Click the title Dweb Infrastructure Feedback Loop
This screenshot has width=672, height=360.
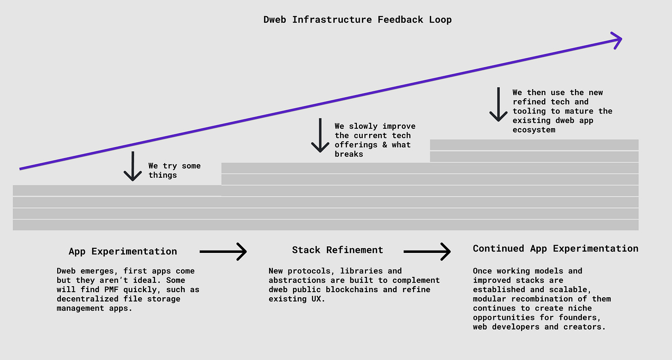point(357,20)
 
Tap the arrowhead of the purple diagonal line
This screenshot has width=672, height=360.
point(618,40)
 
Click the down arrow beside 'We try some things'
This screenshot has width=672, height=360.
point(132,166)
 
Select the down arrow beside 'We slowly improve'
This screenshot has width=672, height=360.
point(320,135)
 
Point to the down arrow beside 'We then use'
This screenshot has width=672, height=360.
point(498,104)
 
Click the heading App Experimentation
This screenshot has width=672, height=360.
point(123,251)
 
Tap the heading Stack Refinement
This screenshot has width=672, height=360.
point(337,250)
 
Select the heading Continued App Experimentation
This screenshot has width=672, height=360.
point(556,248)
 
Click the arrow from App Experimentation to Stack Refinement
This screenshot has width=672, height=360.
point(223,252)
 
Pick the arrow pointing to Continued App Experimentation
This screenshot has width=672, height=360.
point(427,252)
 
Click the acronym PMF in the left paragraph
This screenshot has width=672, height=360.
point(111,289)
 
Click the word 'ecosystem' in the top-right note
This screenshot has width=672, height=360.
point(534,130)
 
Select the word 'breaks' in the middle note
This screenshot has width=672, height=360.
point(349,154)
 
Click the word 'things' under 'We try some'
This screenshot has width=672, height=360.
point(162,175)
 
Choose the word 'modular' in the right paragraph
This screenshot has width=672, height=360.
point(489,299)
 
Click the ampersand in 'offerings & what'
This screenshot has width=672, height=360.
point(385,145)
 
